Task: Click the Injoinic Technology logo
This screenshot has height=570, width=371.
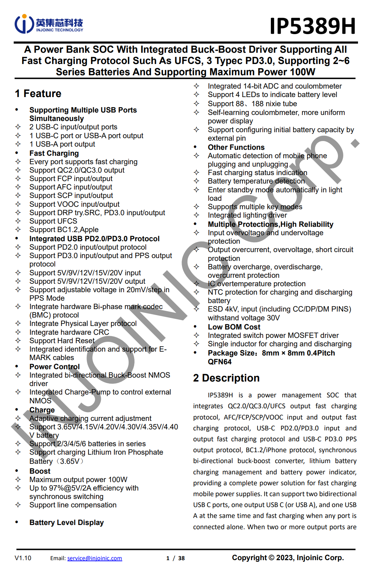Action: tap(49, 24)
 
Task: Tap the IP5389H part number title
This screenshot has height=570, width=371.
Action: tap(312, 26)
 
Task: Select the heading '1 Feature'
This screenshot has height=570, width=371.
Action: tap(38, 94)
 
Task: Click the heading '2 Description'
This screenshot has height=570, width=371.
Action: tap(226, 378)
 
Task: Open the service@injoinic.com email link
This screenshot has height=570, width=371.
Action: tap(95, 558)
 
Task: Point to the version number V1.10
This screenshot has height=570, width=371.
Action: tap(23, 558)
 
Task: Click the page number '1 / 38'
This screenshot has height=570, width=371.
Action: tap(175, 558)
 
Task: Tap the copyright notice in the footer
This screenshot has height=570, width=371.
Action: tap(288, 558)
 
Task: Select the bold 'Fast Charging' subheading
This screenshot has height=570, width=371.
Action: tap(54, 153)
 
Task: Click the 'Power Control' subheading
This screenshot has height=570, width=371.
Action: tap(54, 367)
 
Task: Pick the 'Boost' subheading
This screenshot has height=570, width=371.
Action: tap(40, 471)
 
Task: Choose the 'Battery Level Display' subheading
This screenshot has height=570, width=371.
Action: tap(66, 523)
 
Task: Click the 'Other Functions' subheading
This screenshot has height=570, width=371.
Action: tap(236, 147)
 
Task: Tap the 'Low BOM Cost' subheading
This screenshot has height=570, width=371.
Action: tap(234, 327)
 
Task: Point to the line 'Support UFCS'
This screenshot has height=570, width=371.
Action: tap(53, 221)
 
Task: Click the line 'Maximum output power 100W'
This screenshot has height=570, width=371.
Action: tap(78, 480)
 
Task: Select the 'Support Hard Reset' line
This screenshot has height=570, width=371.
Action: tap(62, 341)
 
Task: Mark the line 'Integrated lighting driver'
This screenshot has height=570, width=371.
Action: tap(247, 215)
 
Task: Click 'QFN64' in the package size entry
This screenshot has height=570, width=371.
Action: tap(220, 362)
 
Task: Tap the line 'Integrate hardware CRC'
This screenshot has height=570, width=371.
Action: tap(69, 332)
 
